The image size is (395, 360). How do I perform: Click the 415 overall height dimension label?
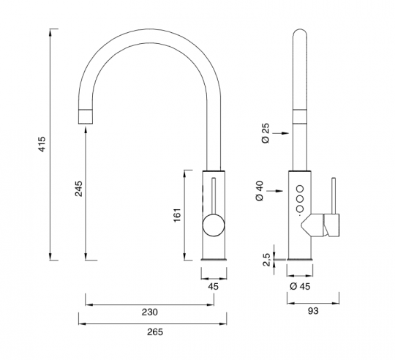point(42,144)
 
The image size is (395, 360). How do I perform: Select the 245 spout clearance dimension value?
point(78,189)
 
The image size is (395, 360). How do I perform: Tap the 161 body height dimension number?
point(177,215)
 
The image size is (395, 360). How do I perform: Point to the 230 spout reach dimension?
point(150,312)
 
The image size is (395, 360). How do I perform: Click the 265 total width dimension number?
point(155,331)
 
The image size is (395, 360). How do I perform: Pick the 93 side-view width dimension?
point(313,311)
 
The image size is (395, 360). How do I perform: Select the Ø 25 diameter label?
point(266,133)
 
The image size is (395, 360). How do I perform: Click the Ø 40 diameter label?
point(260,191)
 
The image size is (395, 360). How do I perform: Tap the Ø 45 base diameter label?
point(300,286)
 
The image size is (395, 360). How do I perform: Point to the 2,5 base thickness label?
point(266,260)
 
